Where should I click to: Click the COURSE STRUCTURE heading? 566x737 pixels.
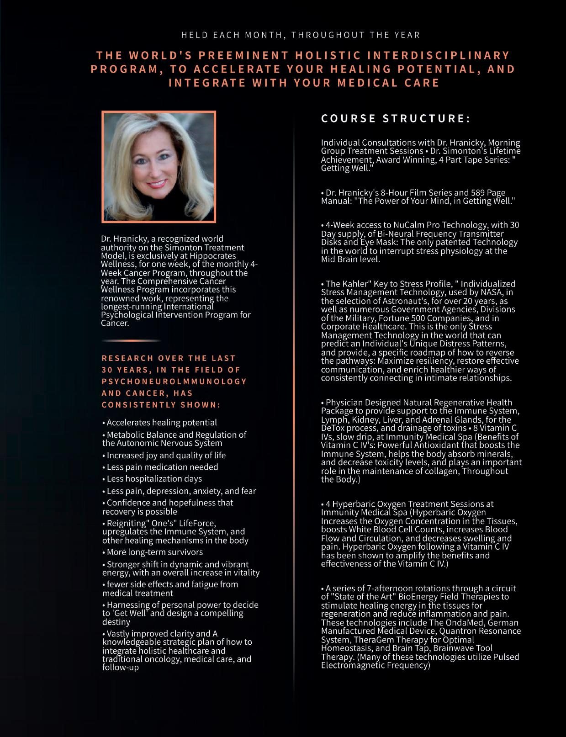coord(396,118)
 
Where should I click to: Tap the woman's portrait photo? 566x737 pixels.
coord(159,167)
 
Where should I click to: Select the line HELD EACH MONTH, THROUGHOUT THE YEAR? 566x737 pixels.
coord(301,35)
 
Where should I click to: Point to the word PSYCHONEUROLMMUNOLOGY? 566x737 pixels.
coord(174,381)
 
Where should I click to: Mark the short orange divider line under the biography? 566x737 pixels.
coord(131,341)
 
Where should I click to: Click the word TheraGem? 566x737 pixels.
coord(371,640)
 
